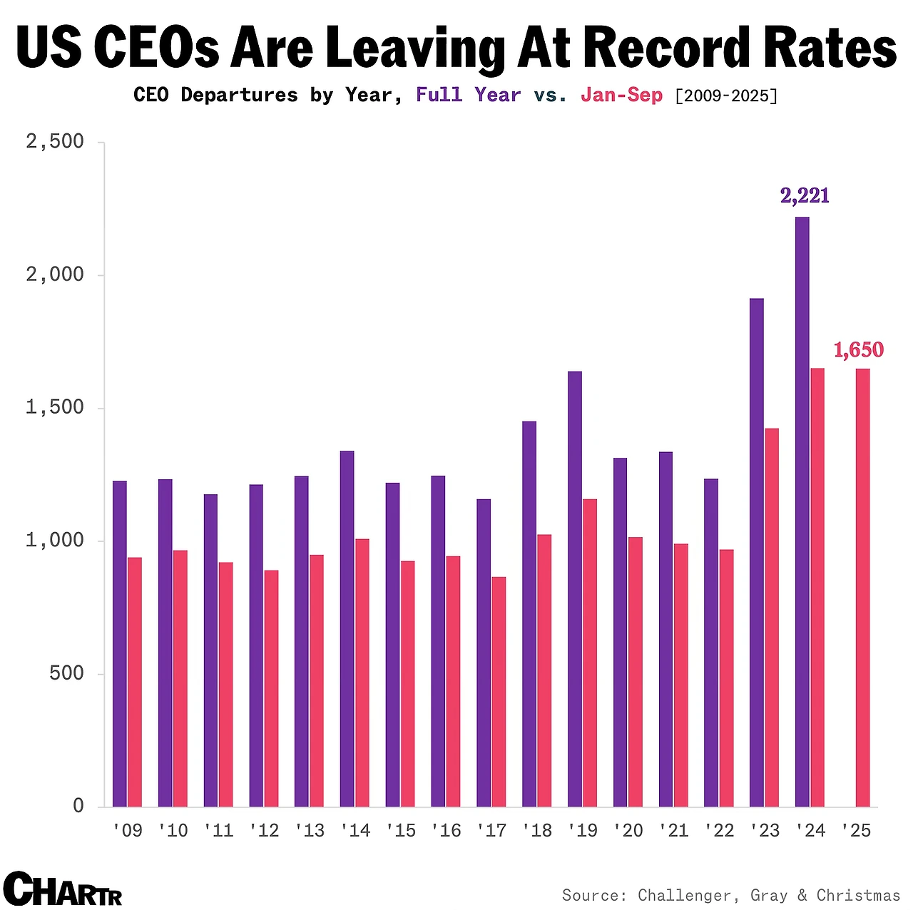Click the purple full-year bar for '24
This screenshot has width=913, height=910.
tap(802, 511)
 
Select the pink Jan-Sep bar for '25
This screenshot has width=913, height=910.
tap(863, 588)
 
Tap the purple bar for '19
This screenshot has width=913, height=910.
tap(575, 589)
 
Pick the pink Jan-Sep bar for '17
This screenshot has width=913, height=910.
tap(499, 692)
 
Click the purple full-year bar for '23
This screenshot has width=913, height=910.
tap(757, 553)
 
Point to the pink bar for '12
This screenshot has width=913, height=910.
tap(272, 688)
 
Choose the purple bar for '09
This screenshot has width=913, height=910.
tap(120, 644)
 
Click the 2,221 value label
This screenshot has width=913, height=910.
tap(805, 195)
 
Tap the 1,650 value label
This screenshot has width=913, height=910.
tap(859, 350)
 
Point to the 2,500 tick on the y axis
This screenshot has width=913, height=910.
tap(55, 142)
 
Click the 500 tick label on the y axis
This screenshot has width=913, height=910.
tap(67, 674)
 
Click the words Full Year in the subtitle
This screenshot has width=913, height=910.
tap(468, 95)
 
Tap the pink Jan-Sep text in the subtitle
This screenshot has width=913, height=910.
tap(621, 96)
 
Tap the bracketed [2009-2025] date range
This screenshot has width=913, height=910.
tap(726, 96)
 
